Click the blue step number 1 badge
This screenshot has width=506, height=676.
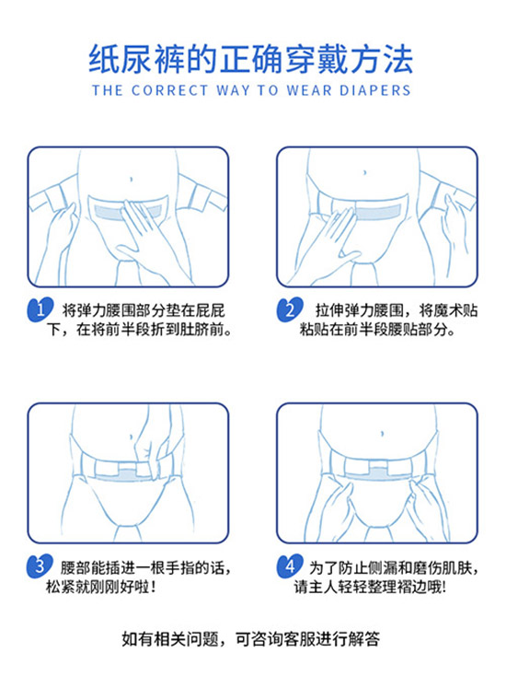(x=40, y=309)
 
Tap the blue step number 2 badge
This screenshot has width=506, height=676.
(x=290, y=309)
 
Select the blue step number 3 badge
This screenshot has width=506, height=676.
(x=40, y=565)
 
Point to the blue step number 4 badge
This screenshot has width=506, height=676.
(x=290, y=565)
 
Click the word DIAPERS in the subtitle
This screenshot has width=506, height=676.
(x=374, y=90)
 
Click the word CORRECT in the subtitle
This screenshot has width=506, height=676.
(x=169, y=90)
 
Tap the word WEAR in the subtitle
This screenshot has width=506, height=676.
(x=309, y=90)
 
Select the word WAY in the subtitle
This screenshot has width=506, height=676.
(x=233, y=90)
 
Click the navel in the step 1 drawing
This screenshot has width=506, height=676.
(x=131, y=178)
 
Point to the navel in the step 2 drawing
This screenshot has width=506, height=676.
(x=365, y=172)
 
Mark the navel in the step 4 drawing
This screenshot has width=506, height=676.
(x=383, y=433)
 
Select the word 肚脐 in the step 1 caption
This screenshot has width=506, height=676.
(x=194, y=330)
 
